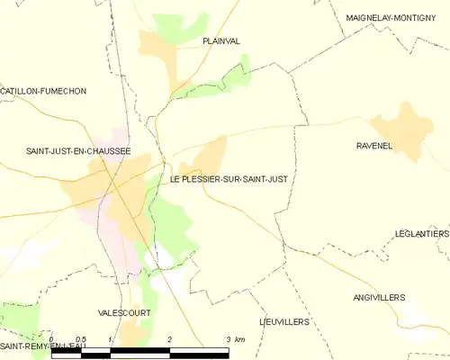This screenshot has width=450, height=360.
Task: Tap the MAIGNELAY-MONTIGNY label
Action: tap(397, 17)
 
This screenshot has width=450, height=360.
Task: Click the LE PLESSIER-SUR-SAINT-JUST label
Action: tap(229, 178)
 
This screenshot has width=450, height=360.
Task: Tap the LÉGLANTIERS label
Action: tap(421, 233)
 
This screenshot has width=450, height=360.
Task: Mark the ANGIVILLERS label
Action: tap(379, 297)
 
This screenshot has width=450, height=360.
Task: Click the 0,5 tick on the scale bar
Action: tap(80, 339)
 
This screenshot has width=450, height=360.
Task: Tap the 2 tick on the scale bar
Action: tap(169, 339)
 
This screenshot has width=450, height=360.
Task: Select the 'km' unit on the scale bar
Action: tap(239, 339)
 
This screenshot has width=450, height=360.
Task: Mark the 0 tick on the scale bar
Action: tap(51, 339)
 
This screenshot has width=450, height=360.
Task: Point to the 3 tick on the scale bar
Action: tap(228, 339)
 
